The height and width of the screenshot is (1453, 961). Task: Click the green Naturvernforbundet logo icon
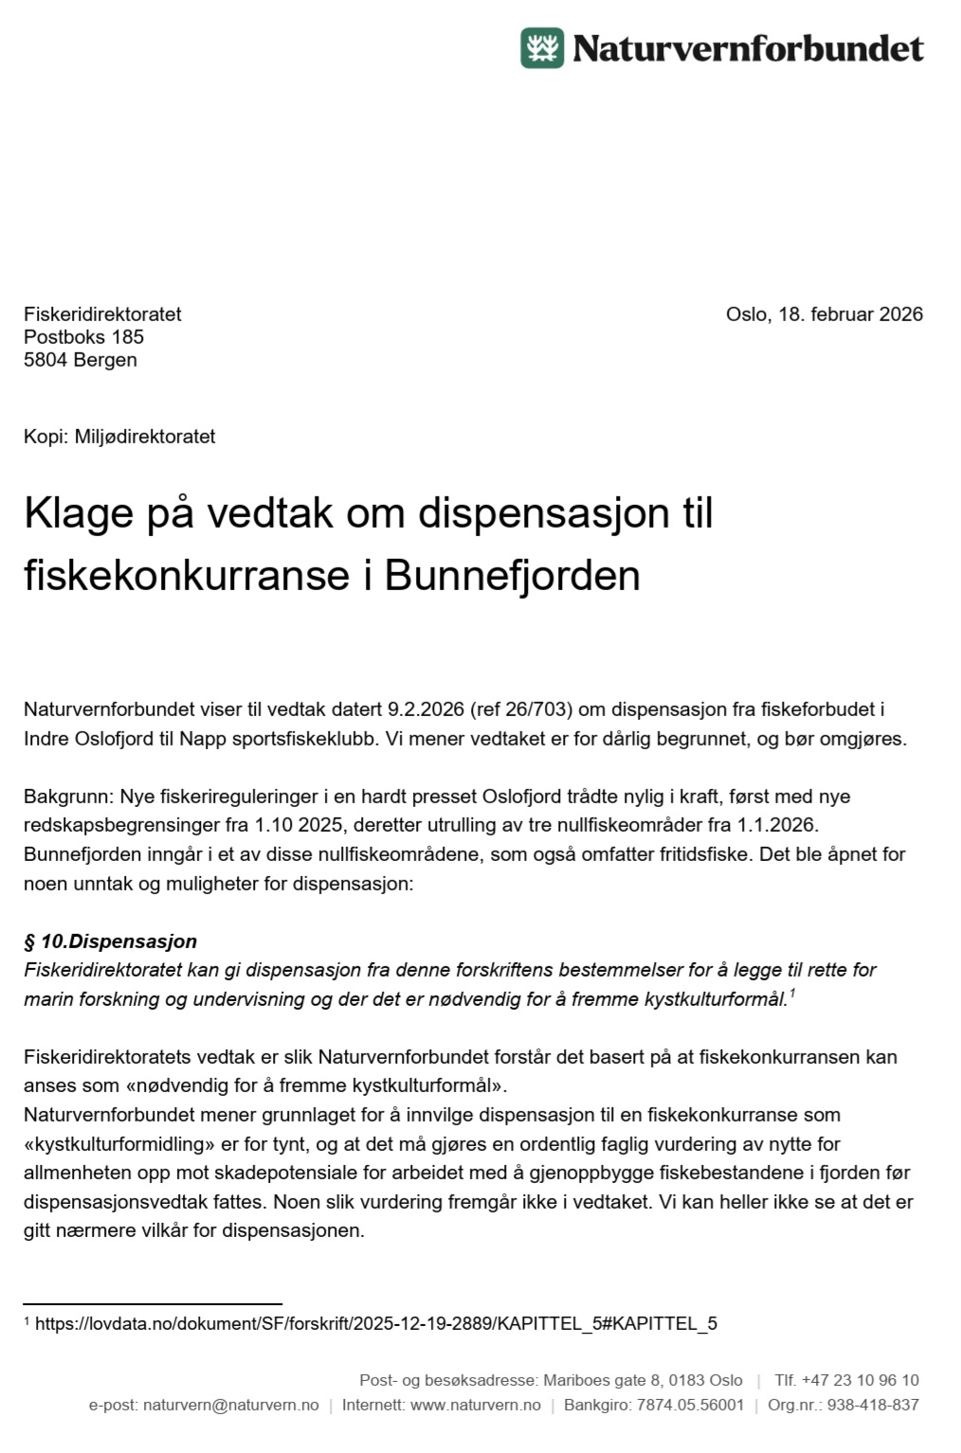[541, 48]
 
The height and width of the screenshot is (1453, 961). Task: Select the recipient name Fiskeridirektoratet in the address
[102, 314]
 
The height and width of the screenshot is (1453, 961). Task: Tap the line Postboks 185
[83, 337]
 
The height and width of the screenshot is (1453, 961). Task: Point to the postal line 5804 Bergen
[81, 360]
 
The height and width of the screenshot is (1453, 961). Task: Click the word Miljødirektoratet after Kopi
[145, 437]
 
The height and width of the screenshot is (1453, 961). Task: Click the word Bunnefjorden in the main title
[512, 576]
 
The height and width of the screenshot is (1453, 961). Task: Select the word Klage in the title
[79, 513]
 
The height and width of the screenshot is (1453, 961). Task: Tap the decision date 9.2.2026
[426, 709]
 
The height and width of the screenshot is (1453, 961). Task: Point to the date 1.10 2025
[299, 825]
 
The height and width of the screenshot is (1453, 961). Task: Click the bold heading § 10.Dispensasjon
[110, 942]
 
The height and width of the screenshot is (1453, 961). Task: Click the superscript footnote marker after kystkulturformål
[791, 993]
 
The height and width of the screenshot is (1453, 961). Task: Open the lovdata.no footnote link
[376, 1323]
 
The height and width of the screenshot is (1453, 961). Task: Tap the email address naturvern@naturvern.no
[230, 1405]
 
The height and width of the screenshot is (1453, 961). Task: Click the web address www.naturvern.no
[475, 1405]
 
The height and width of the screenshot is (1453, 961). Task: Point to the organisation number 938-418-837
[872, 1405]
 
